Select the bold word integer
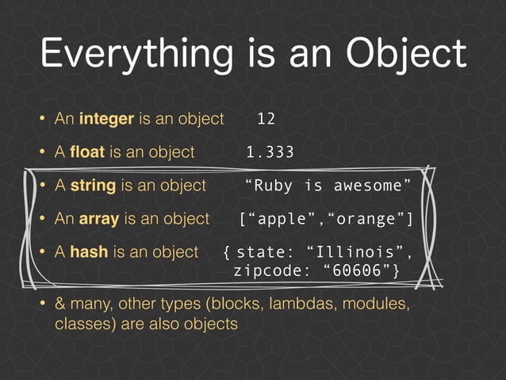(x=106, y=119)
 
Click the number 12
(x=266, y=119)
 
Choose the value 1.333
(x=270, y=152)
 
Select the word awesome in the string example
(x=370, y=186)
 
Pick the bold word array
(x=95, y=219)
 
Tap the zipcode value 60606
(x=358, y=272)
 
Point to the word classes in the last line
(x=82, y=324)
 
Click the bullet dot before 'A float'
(x=42, y=152)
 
